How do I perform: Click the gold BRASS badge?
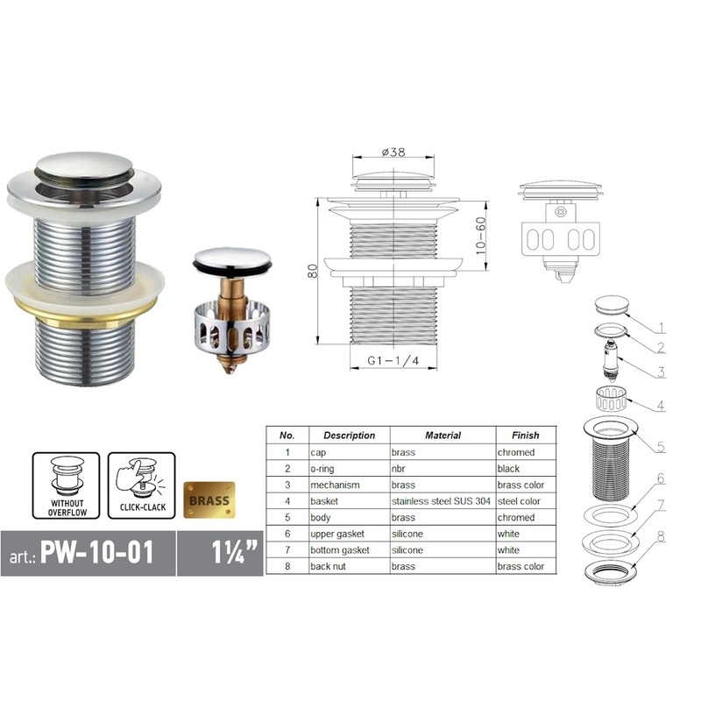coord(208,500)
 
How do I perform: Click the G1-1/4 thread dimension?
coord(392,360)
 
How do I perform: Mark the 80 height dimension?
coord(313,271)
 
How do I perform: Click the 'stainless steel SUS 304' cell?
coord(441,501)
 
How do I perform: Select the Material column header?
coord(443,435)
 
